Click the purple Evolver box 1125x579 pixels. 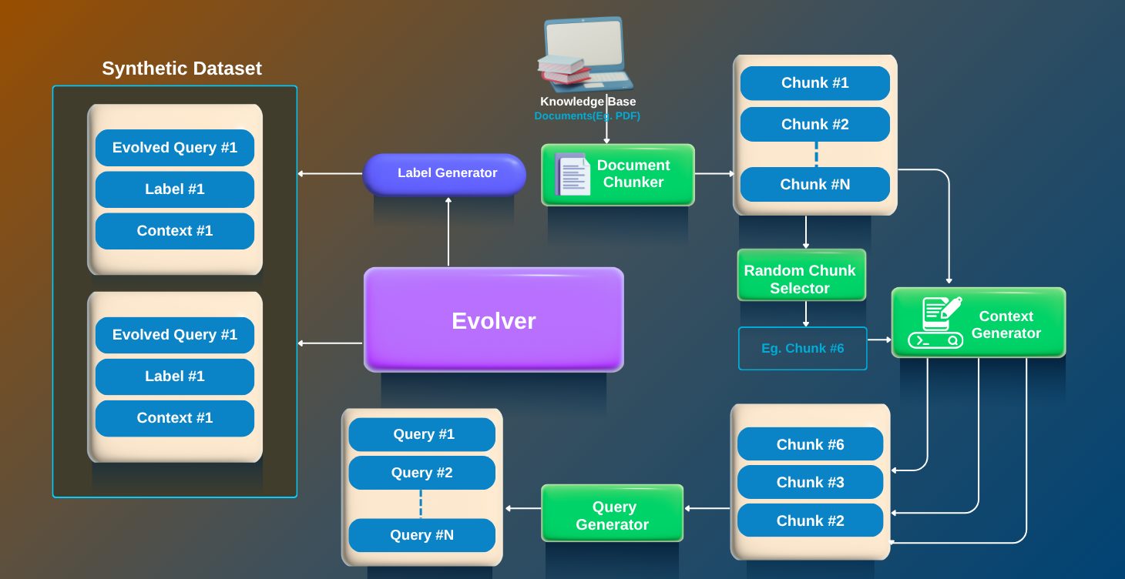click(493, 320)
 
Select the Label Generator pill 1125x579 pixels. click(445, 174)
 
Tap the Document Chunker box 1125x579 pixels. click(618, 175)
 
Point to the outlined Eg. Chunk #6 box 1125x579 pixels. click(802, 348)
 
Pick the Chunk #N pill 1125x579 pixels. click(814, 184)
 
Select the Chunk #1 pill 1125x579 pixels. click(814, 83)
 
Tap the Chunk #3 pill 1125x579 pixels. click(810, 482)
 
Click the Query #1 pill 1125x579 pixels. click(422, 434)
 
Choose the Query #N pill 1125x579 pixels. click(422, 535)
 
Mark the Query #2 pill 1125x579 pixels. click(422, 473)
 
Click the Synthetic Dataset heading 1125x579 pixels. click(182, 69)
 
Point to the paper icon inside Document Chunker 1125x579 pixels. click(573, 175)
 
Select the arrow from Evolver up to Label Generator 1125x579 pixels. click(448, 231)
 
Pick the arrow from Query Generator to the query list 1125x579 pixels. click(523, 508)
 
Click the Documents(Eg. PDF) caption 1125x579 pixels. click(587, 116)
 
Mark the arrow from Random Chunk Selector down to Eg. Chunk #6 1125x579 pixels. click(806, 313)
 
